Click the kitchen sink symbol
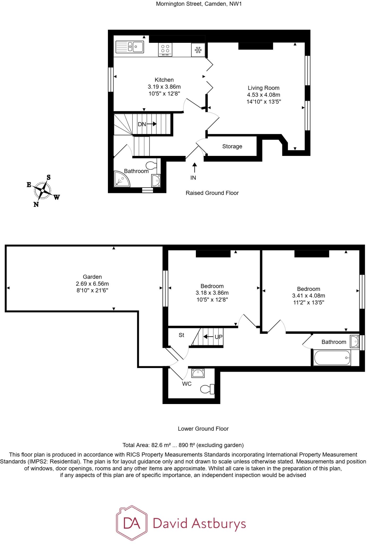click(130, 47)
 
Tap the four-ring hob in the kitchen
click(165, 49)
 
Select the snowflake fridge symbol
click(198, 50)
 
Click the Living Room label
click(263, 88)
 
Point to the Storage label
click(232, 146)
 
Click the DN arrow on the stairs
click(151, 124)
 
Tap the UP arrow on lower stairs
click(208, 337)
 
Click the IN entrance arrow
click(195, 168)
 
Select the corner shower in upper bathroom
click(121, 179)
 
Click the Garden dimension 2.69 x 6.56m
click(92, 284)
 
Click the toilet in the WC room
click(208, 389)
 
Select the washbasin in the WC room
click(198, 373)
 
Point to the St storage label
click(181, 335)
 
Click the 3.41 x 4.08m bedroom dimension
click(308, 296)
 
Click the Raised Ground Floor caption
click(212, 193)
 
